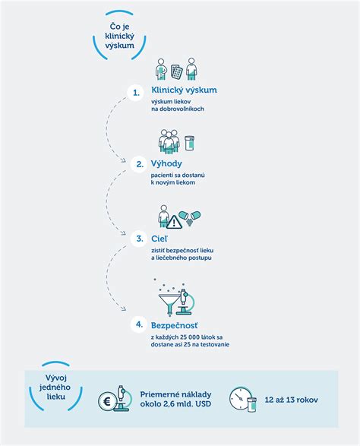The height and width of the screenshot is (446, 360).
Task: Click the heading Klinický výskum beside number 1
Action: pyautogui.click(x=184, y=90)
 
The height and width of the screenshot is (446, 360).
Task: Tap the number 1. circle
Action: pyautogui.click(x=136, y=93)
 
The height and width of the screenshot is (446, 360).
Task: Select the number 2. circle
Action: pyautogui.click(x=139, y=164)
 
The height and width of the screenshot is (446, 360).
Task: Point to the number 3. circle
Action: pyautogui.click(x=139, y=239)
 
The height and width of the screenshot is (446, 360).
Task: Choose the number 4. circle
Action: pyautogui.click(x=139, y=324)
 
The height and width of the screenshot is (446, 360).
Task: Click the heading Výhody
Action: pyautogui.click(x=166, y=164)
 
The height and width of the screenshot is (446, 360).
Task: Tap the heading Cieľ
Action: pyautogui.click(x=159, y=239)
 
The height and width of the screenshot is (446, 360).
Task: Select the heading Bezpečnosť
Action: pyautogui.click(x=175, y=325)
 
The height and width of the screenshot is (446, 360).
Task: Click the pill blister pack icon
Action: pyautogui.click(x=176, y=71)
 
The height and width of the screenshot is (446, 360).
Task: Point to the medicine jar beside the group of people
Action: pyautogui.click(x=189, y=143)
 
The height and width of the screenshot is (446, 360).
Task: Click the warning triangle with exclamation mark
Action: pyautogui.click(x=174, y=222)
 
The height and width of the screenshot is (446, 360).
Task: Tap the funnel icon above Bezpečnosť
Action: pyautogui.click(x=169, y=304)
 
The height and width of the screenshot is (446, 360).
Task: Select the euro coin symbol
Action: pyautogui.click(x=107, y=402)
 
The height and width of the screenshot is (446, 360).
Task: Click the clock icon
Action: pyautogui.click(x=240, y=398)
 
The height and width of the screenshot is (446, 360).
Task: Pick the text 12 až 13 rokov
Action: pyautogui.click(x=291, y=400)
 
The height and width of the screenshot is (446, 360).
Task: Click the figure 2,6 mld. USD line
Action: pyautogui.click(x=175, y=403)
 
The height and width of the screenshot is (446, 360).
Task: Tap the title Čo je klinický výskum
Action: pyautogui.click(x=119, y=36)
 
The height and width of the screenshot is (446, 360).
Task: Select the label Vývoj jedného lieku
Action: pyautogui.click(x=55, y=387)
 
